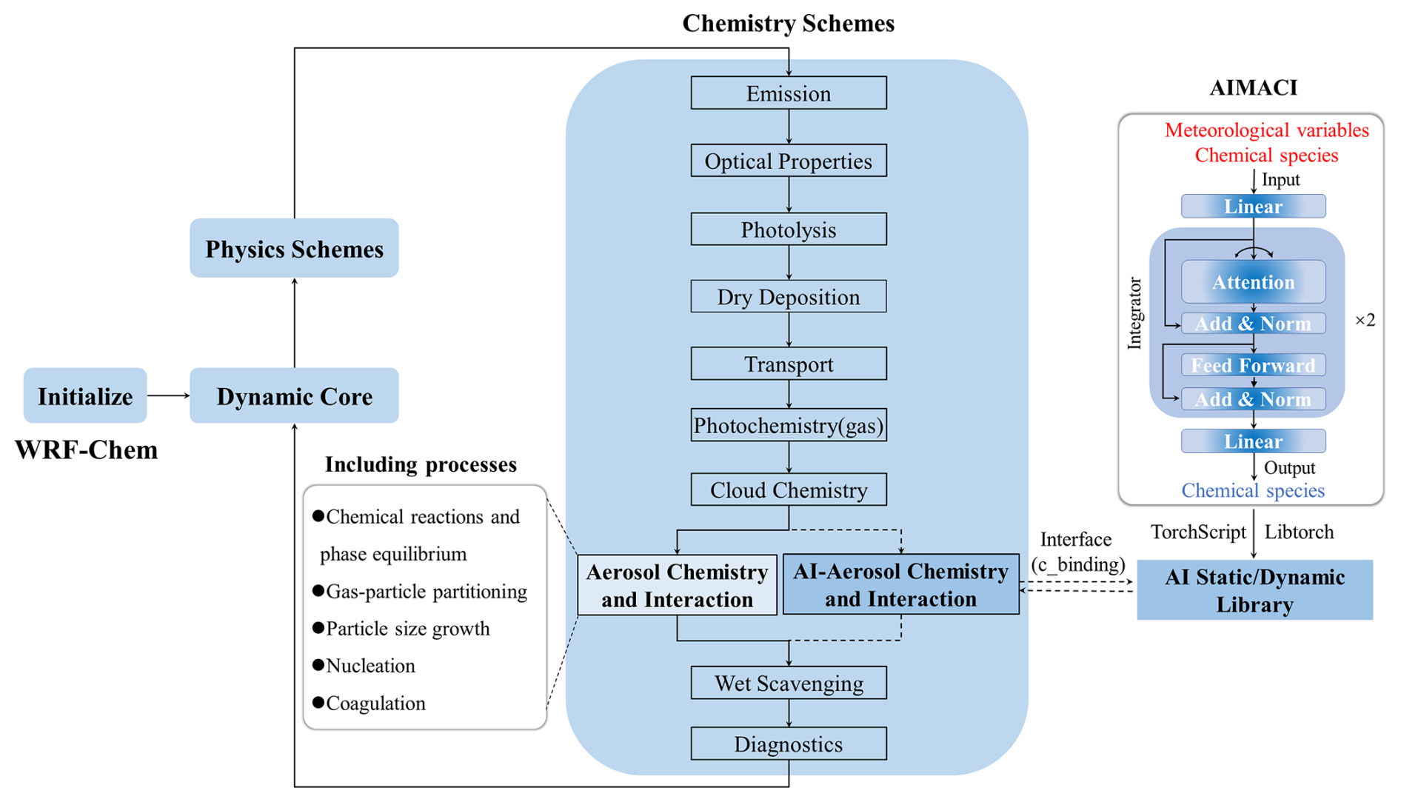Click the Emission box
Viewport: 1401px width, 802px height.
[x=788, y=93]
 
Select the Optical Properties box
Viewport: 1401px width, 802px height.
[x=788, y=161]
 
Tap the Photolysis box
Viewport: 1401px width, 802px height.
[x=788, y=230]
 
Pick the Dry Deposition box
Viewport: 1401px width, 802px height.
[x=788, y=297]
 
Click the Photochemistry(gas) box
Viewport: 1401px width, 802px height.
[x=788, y=426]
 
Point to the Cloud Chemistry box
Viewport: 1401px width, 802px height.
[x=788, y=490]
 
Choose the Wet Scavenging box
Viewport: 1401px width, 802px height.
[x=788, y=683]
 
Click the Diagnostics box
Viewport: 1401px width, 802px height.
[x=788, y=743]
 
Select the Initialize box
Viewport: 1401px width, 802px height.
[x=85, y=396]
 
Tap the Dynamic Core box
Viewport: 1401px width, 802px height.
[x=294, y=396]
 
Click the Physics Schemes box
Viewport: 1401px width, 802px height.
[x=294, y=249]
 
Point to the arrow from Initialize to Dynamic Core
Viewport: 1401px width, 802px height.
[x=168, y=395]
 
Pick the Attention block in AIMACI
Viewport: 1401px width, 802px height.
[x=1253, y=282]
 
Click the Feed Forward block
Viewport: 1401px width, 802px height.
[x=1253, y=365]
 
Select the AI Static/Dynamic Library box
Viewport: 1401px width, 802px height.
[x=1254, y=590]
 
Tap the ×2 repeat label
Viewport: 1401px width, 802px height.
[x=1365, y=320]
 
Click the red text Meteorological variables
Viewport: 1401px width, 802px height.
[x=1266, y=130]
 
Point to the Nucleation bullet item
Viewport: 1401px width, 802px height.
[x=370, y=666]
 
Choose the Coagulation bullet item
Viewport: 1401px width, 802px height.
[x=375, y=703]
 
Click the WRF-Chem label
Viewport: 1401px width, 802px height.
[x=87, y=450]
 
